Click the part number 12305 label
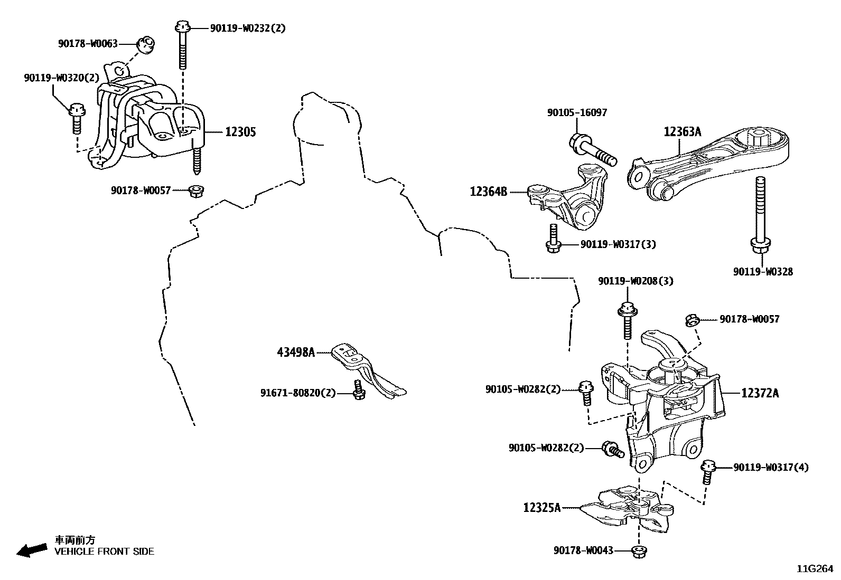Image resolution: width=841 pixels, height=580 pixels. click(x=240, y=132)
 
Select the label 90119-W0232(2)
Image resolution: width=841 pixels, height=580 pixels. click(x=247, y=28)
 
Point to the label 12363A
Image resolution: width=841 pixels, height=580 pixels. click(x=683, y=132)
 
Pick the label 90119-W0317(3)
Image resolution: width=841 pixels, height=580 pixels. click(x=618, y=244)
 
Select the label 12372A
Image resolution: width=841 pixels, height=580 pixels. click(x=760, y=393)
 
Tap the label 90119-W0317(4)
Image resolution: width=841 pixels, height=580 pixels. click(x=770, y=468)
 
